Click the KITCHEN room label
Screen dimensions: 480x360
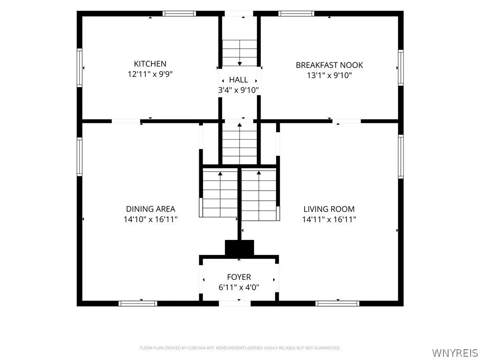150,64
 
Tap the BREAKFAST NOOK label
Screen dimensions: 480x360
330,65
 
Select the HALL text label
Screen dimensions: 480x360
239,80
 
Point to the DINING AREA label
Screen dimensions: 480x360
150,209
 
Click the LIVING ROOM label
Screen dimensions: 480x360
329,209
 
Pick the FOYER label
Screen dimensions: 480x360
239,277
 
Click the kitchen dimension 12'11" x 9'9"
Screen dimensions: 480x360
150,74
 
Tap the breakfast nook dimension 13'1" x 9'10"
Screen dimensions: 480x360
330,75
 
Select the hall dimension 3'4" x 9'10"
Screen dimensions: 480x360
239,90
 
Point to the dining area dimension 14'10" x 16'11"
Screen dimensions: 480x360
150,219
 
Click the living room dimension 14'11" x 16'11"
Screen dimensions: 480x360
329,219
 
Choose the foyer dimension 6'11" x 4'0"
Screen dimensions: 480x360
239,287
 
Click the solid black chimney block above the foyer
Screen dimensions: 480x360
240,247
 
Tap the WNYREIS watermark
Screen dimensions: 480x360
455,352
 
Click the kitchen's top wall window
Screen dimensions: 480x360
179,14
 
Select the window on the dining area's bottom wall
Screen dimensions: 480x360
138,303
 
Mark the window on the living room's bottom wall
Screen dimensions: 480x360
337,303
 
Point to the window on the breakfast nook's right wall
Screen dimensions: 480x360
401,67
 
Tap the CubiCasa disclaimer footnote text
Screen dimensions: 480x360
240,348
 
